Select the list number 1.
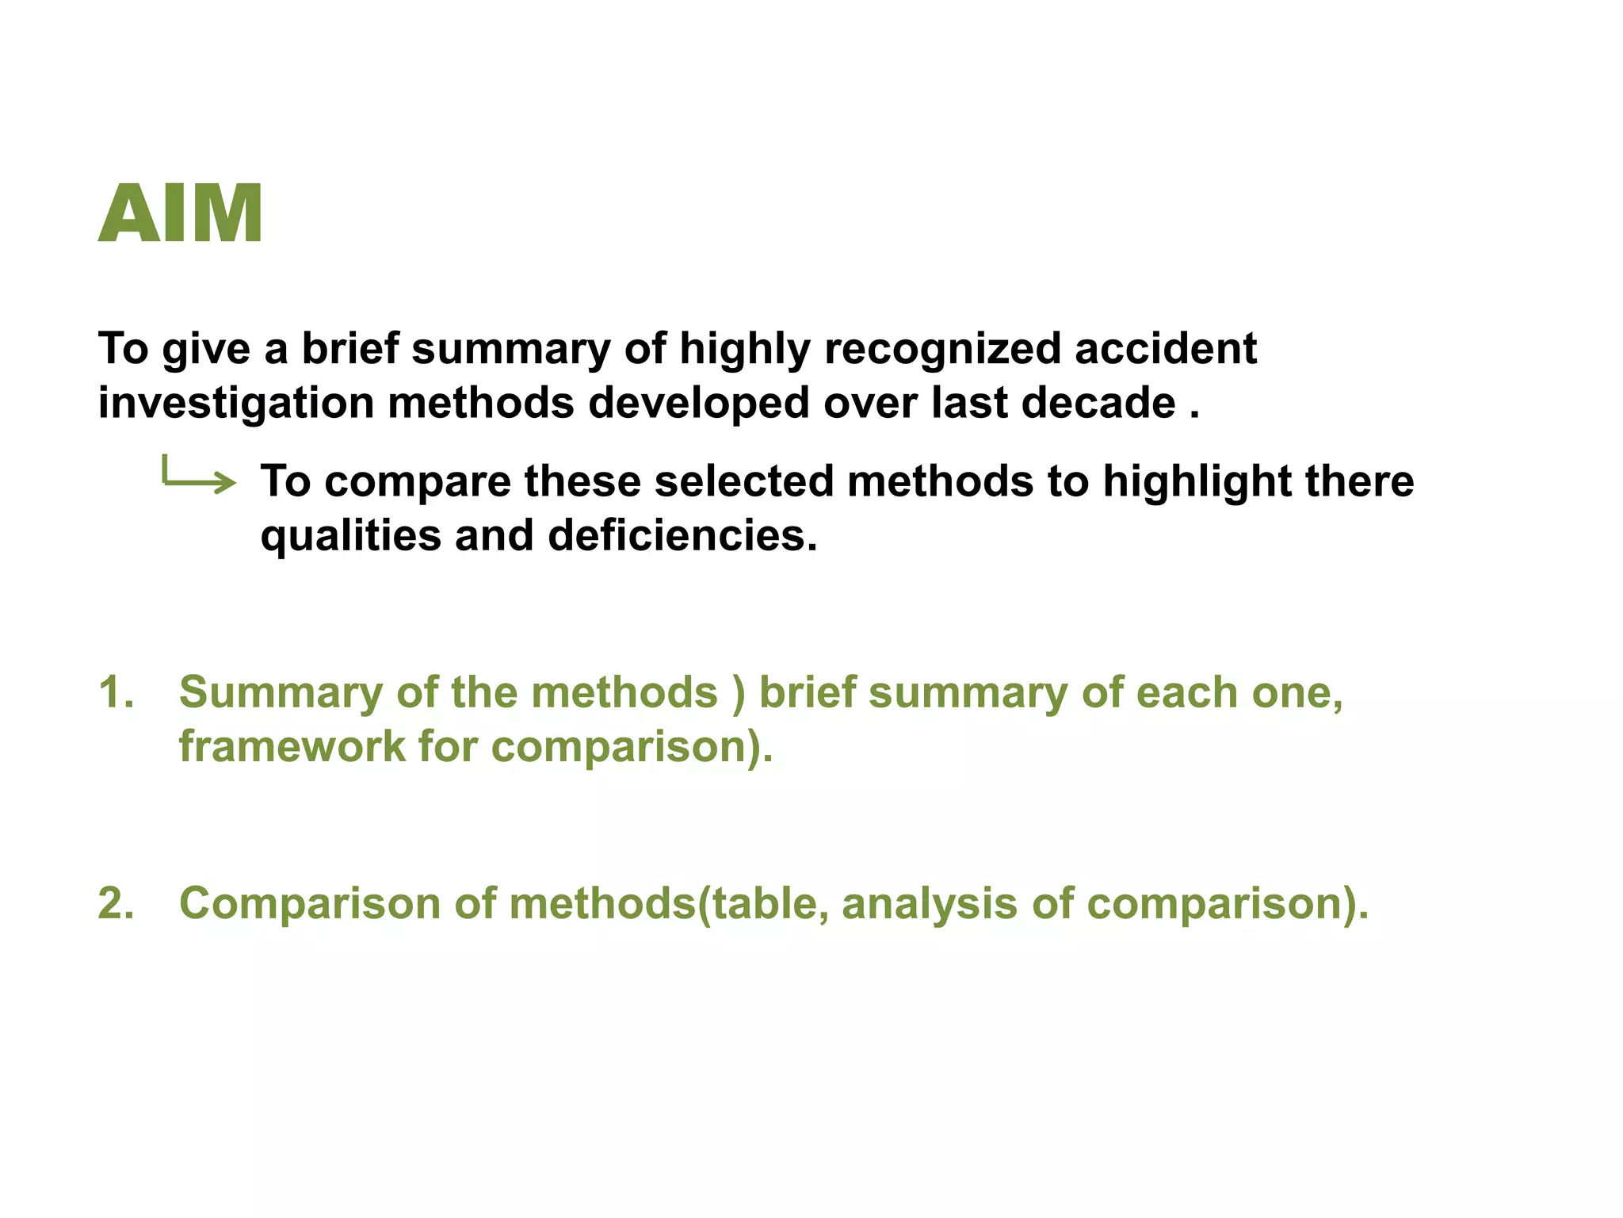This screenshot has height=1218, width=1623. coord(116,692)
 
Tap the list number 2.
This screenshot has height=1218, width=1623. coord(116,903)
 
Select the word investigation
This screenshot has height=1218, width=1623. coord(236,403)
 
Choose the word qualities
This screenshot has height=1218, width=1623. coord(351,536)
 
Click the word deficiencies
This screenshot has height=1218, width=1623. coord(682,536)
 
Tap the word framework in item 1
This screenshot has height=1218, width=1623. coord(292,747)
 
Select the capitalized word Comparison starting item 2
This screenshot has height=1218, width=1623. coord(309,903)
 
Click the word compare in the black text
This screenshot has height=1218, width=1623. coord(418,481)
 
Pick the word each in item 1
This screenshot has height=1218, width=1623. coord(1186,692)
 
